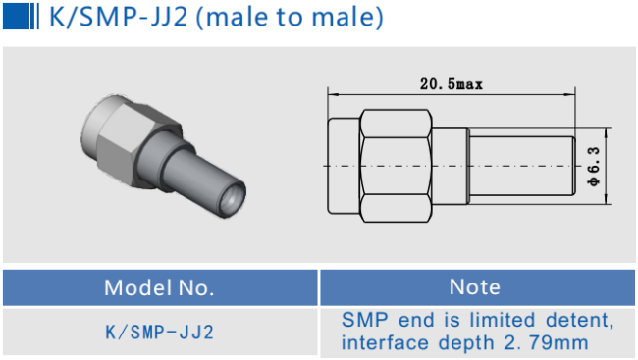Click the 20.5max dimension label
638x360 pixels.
coord(452,84)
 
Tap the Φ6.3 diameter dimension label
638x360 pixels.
coord(594,167)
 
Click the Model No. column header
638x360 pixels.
coord(159,287)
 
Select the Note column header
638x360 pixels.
coord(475,286)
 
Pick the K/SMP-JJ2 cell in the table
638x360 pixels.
coord(159,333)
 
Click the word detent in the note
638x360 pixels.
coord(579,320)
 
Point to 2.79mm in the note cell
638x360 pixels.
coord(547,342)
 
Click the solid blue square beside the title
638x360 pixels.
coord(17,16)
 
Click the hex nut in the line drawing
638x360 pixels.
coord(396,166)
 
